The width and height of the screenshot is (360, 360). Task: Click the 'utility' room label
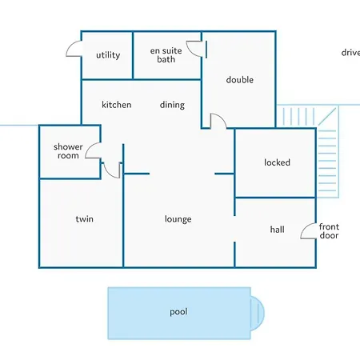click(x=108, y=55)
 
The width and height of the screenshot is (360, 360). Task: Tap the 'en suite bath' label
click(x=166, y=55)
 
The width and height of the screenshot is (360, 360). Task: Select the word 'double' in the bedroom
click(x=240, y=79)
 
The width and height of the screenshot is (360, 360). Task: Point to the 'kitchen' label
click(x=117, y=105)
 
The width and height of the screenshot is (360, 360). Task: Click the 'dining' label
click(x=172, y=105)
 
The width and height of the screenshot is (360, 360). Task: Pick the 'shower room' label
click(x=68, y=151)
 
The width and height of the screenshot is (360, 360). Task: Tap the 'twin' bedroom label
click(x=84, y=219)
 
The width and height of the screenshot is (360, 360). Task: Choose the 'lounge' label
click(x=178, y=219)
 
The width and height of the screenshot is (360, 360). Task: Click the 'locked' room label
click(x=277, y=162)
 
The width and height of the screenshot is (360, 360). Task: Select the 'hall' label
click(x=277, y=230)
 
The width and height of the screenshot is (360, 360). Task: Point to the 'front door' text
click(x=329, y=231)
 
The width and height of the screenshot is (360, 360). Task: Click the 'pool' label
click(x=178, y=312)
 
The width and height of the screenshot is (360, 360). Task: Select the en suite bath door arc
click(x=190, y=51)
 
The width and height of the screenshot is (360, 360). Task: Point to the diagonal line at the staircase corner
click(x=327, y=117)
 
